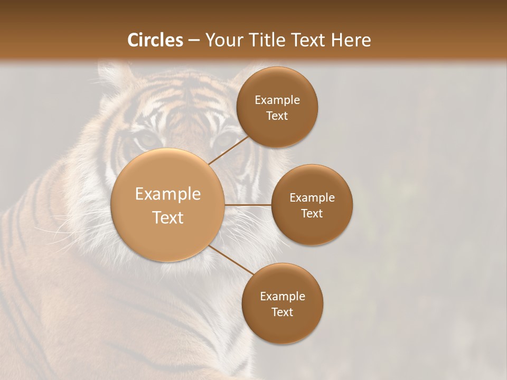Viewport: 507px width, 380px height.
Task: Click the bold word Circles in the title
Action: tap(155, 40)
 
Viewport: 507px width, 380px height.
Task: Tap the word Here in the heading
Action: tap(349, 40)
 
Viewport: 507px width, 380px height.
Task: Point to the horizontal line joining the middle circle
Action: tap(248, 205)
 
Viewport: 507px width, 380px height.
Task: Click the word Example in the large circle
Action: tap(168, 194)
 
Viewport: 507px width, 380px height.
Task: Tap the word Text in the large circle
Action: tap(168, 217)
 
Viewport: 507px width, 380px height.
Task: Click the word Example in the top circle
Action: tap(277, 100)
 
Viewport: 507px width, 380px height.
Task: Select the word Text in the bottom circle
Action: tap(282, 312)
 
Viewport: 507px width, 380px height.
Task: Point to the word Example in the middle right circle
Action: tap(312, 198)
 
